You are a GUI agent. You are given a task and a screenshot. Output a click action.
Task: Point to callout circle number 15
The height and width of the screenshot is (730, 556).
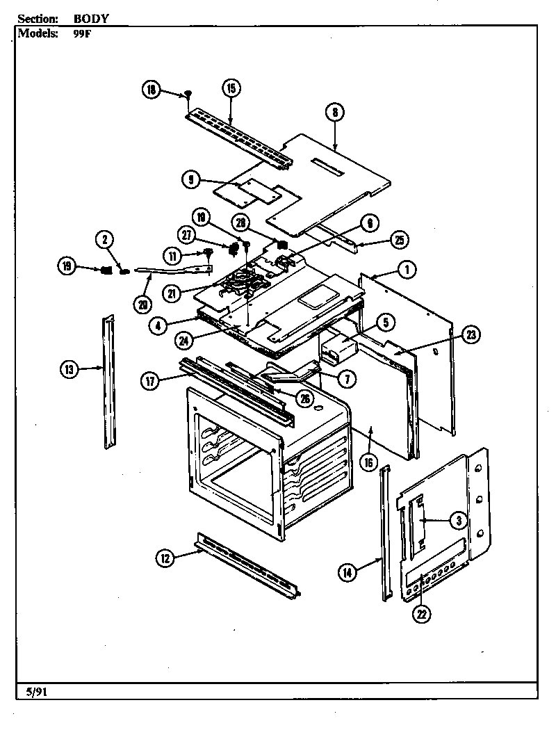click(x=231, y=88)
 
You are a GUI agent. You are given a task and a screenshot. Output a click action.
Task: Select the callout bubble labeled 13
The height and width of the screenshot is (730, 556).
click(x=68, y=370)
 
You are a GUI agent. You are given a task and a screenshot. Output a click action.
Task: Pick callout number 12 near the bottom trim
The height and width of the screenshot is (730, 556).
click(x=165, y=557)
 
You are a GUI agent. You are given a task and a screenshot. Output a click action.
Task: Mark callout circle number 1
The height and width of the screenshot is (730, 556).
click(x=407, y=269)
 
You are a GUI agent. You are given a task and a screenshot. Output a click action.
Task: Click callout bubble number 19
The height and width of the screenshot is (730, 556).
click(x=67, y=266)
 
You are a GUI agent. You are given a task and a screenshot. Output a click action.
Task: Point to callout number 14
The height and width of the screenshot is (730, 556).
click(x=347, y=572)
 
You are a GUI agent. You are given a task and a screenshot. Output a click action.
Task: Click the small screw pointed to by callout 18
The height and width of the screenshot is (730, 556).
click(x=188, y=93)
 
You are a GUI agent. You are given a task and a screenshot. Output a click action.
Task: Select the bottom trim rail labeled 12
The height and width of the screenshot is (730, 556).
click(x=247, y=565)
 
